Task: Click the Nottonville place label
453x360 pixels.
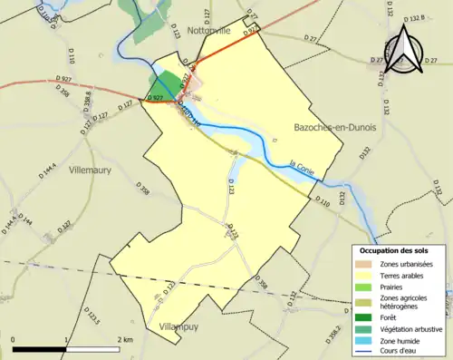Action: click(x=209, y=30)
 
